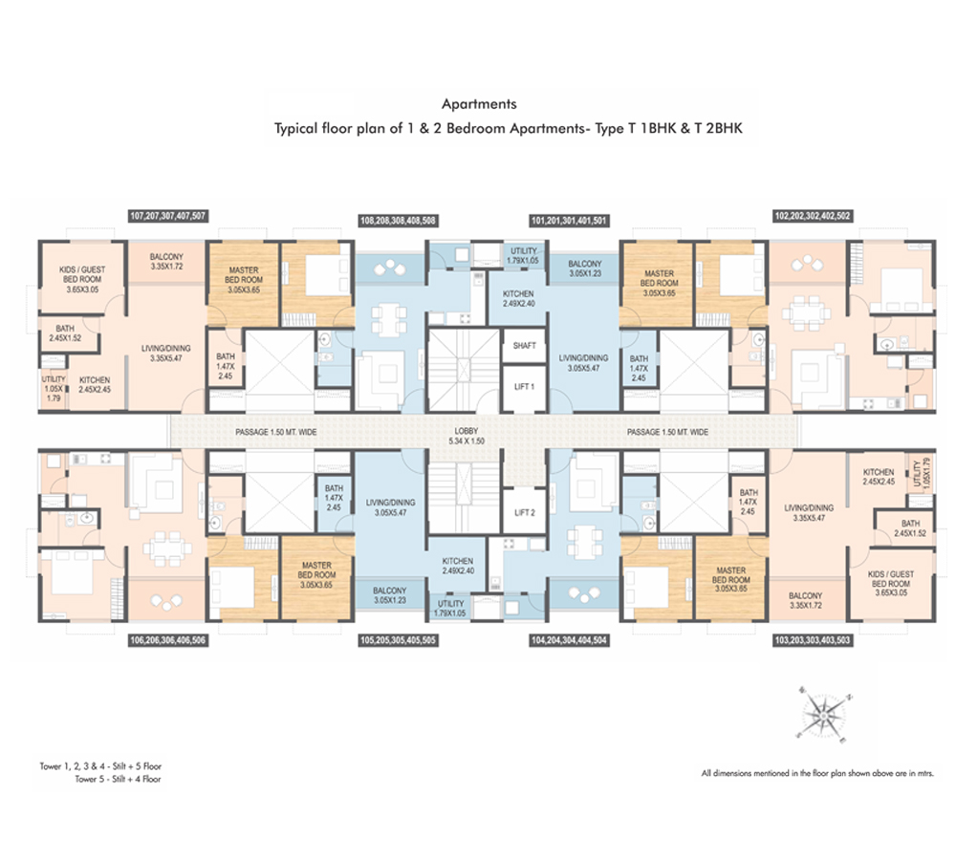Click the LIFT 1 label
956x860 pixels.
tap(524, 386)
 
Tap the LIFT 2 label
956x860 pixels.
tap(524, 512)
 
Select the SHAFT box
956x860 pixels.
tap(524, 346)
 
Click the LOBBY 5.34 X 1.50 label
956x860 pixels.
tap(467, 436)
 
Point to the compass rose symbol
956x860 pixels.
tap(823, 713)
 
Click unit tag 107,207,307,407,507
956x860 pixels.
tap(167, 216)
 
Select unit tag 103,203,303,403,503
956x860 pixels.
tap(812, 640)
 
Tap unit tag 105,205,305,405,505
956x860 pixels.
tap(398, 640)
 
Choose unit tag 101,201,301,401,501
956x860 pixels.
tap(569, 220)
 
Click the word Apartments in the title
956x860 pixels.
tap(479, 104)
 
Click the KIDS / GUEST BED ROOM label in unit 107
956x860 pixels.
tap(82, 279)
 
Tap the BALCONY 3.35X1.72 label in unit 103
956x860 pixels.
tap(805, 600)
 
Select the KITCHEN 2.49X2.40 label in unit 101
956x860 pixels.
tap(518, 299)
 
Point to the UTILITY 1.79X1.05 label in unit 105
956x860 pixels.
tap(450, 609)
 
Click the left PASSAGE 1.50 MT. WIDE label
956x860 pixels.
tap(275, 432)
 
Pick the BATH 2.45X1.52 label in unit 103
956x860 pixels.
tap(910, 528)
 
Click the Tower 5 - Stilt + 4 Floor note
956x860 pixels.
tap(118, 779)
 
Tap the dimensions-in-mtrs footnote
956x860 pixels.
tap(817, 773)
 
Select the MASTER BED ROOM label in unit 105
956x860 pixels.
tap(316, 574)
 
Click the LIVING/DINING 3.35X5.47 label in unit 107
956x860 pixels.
tap(165, 354)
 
